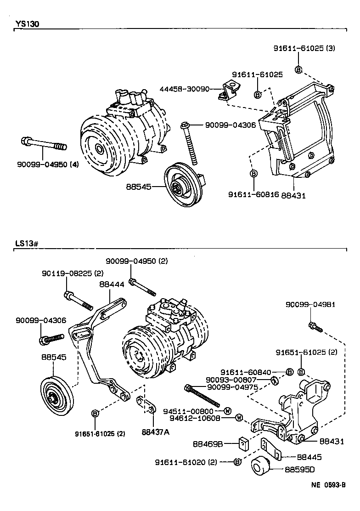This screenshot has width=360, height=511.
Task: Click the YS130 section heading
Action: point(26,24)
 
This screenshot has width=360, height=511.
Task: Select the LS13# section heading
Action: point(25,243)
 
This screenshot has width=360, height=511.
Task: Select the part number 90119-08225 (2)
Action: point(66,273)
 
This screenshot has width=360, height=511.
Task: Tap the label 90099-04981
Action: point(310,304)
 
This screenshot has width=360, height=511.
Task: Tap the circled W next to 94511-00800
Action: point(227,410)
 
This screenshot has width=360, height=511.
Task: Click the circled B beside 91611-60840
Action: point(289,371)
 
